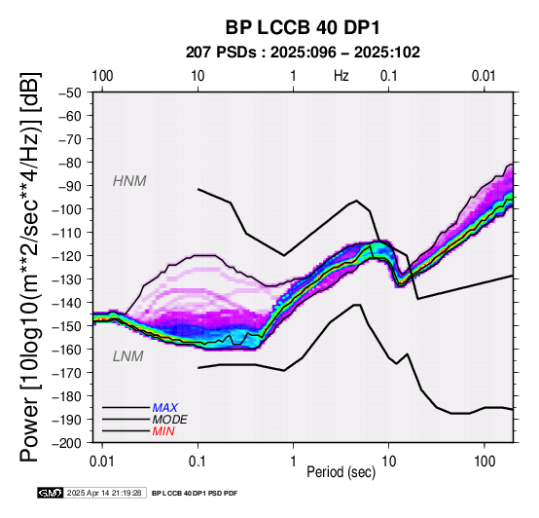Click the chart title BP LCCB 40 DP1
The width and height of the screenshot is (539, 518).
[303, 27]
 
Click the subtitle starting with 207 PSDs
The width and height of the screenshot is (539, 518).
[303, 53]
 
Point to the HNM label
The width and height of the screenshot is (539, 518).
[129, 181]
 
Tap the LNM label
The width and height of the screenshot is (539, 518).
[127, 356]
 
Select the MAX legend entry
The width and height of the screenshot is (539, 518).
[165, 408]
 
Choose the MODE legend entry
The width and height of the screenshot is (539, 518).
[170, 420]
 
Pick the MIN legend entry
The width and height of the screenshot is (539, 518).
[163, 431]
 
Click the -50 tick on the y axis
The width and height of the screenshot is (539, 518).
[70, 92]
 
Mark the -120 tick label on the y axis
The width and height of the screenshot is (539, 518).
[67, 256]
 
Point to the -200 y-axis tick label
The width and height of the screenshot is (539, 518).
[67, 443]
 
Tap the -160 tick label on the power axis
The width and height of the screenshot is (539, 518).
[67, 350]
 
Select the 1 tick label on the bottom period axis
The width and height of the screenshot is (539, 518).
[293, 462]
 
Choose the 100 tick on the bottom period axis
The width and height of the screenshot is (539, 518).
[485, 462]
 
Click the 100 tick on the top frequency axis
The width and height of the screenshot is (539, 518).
[102, 76]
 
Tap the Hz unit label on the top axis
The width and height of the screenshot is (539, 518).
[341, 76]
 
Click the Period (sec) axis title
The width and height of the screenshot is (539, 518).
[341, 472]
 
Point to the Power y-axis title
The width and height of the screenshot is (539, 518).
[30, 267]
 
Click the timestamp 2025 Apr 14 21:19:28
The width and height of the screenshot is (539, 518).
[104, 493]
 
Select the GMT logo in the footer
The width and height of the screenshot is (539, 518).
[51, 493]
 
